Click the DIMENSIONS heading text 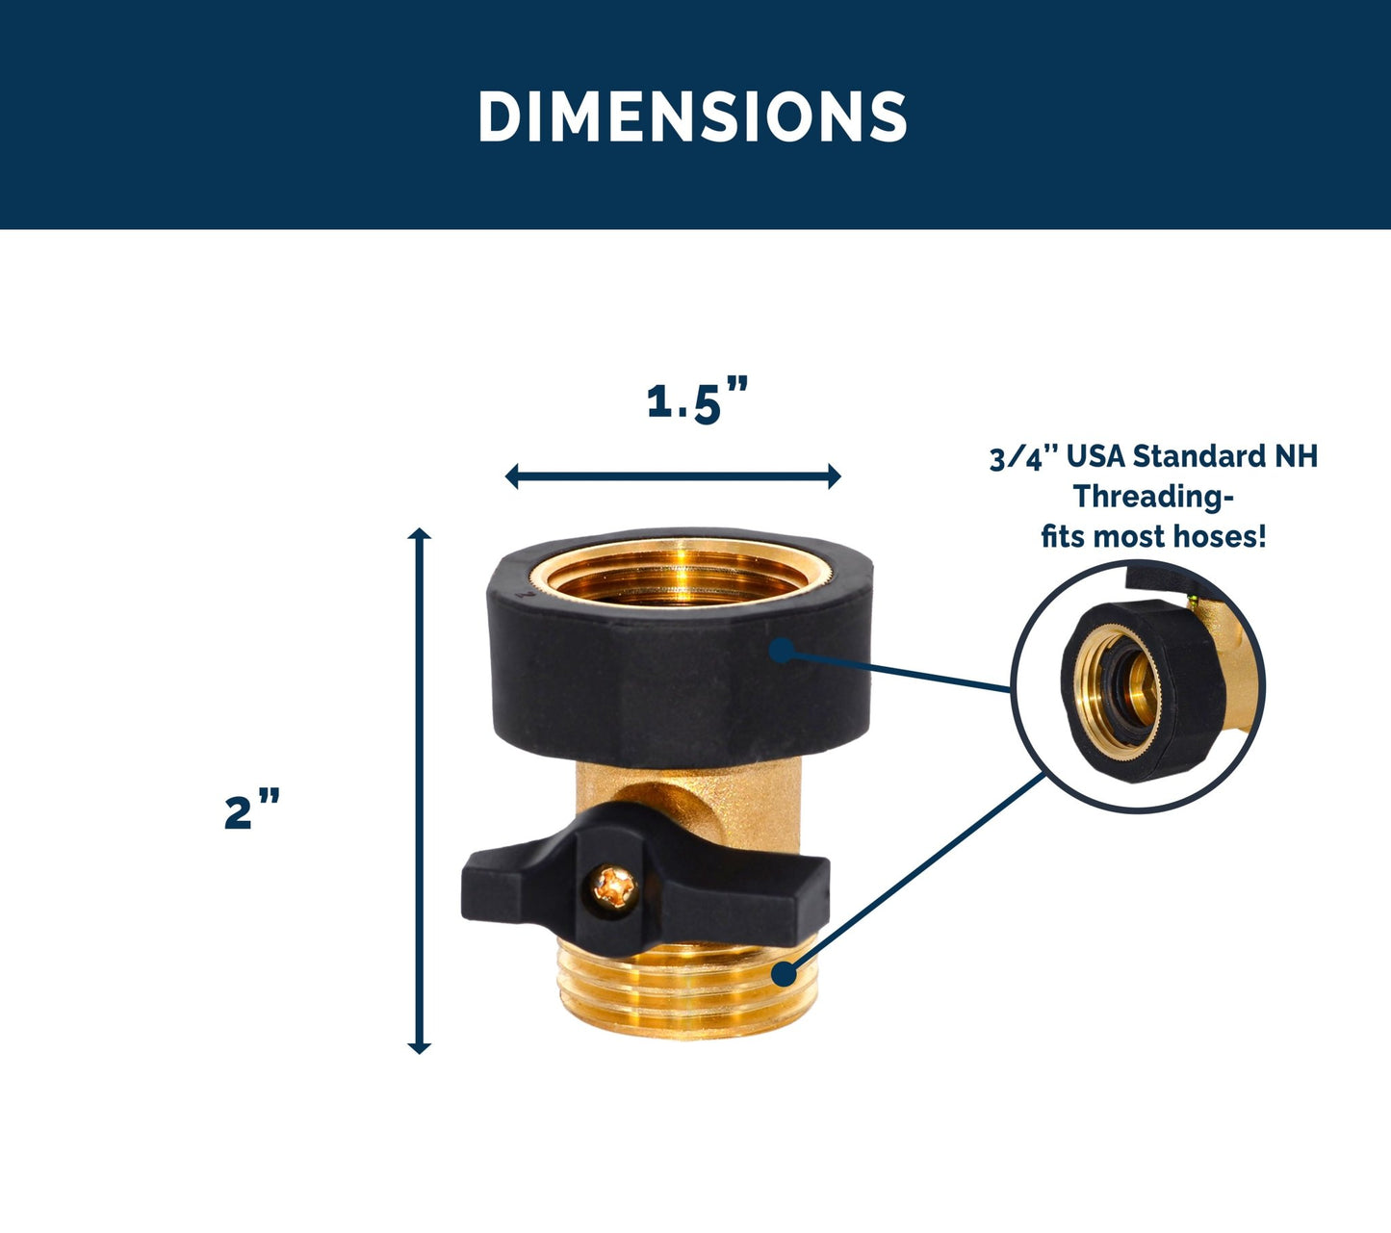click(x=693, y=116)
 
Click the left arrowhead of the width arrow click(x=512, y=475)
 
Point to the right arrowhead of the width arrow click(x=835, y=475)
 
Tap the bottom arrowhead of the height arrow click(x=419, y=1047)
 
